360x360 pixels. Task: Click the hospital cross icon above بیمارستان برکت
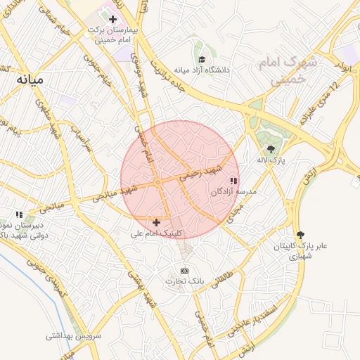112,19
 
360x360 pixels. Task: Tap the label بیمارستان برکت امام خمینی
112,34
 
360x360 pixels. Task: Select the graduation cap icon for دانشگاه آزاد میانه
202,60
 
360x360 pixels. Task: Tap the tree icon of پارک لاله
271,149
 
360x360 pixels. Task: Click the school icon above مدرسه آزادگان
233,181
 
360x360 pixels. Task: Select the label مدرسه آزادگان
233,191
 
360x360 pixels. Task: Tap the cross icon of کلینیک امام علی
156,222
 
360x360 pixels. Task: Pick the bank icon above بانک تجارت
184,271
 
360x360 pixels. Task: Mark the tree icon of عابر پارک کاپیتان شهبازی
301,235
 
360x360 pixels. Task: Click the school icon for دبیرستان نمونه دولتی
20,214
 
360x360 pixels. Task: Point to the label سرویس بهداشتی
74,336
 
